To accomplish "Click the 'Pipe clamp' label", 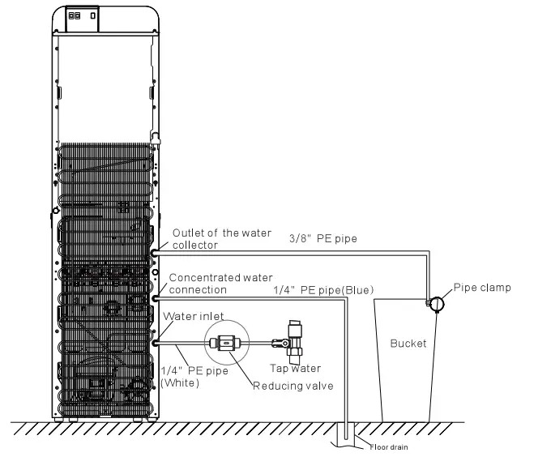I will [482, 287].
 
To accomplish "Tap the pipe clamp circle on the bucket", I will [436, 303].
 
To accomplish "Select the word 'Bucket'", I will [408, 344].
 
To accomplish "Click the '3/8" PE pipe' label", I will [323, 239].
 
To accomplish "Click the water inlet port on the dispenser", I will [155, 343].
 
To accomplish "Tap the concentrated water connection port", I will [155, 298].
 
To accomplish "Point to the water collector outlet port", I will [155, 253].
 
